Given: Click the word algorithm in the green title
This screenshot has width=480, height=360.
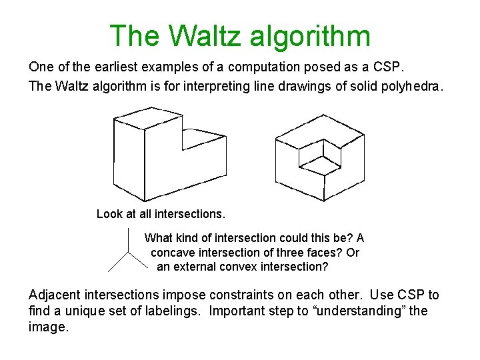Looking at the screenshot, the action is pos(311,36).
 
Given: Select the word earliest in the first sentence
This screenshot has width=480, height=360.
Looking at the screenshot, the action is pos(100,67).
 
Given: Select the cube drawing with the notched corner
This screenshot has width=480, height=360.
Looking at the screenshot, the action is pos(320,159).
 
